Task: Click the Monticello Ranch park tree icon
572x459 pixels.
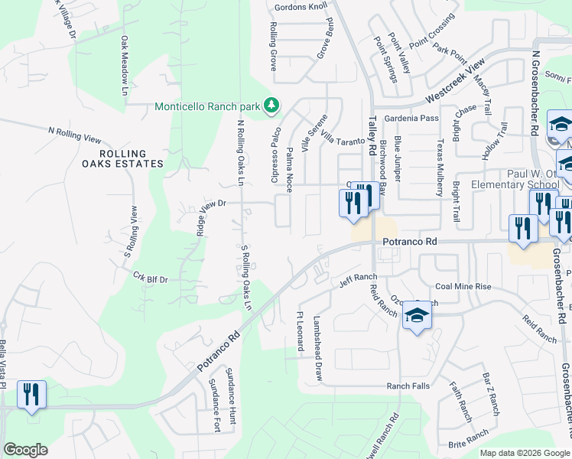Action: [271, 106]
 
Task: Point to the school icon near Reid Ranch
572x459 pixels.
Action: [418, 315]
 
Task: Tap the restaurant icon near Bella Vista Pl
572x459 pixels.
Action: [31, 396]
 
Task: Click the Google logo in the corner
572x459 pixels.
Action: [25, 450]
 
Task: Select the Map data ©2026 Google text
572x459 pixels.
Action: [525, 452]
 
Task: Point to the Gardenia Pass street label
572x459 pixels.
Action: [411, 118]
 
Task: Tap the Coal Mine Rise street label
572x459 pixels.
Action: [463, 287]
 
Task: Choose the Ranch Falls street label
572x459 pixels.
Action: [408, 386]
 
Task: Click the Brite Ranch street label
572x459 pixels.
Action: [468, 437]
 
